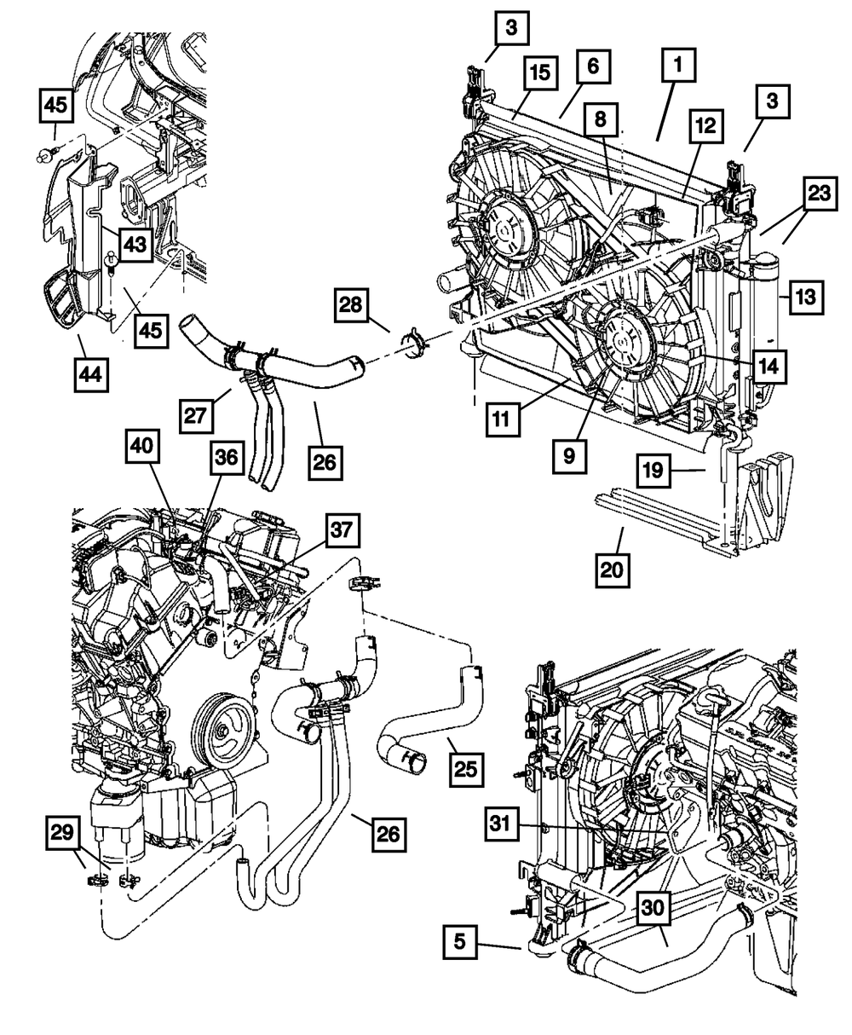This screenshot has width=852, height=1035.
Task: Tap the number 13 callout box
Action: (807, 297)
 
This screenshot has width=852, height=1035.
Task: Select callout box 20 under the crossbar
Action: (613, 568)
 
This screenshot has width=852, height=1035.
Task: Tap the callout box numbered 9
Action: (568, 455)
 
